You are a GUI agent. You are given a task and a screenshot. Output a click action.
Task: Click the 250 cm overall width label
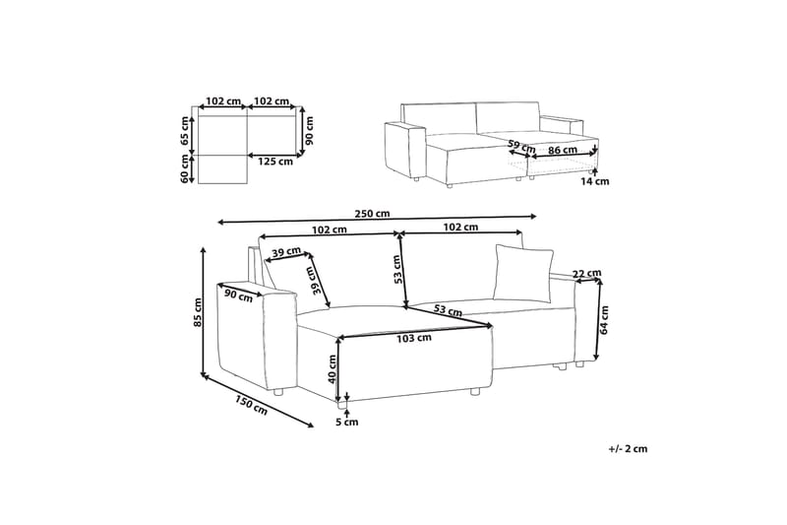[372, 214]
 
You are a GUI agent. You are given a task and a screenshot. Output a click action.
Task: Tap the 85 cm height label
[198, 312]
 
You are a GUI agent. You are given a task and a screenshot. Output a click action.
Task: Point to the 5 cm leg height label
[347, 422]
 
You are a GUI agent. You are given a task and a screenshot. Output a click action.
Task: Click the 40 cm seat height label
[332, 369]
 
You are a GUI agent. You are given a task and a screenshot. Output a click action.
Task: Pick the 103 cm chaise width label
[414, 338]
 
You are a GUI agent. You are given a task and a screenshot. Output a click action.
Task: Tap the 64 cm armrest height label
[604, 320]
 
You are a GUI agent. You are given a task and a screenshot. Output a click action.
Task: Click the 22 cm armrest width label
[586, 273]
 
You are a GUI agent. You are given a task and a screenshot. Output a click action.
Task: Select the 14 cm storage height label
[595, 181]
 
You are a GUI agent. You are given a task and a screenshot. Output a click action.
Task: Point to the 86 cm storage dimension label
[562, 149]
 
